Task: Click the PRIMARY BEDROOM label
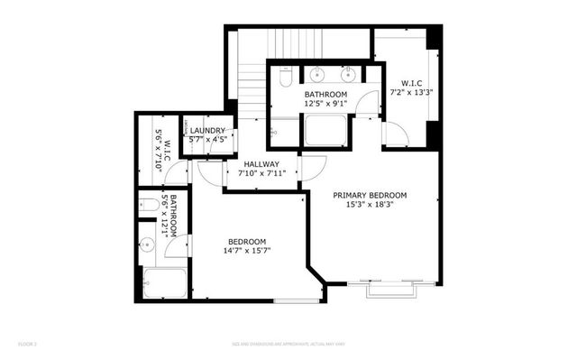(370, 195)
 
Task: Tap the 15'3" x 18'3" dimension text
(370, 205)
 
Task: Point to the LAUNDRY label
(208, 131)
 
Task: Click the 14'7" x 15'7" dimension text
(247, 251)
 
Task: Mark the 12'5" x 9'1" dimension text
(325, 104)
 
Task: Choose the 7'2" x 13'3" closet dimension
(412, 91)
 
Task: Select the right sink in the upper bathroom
(349, 72)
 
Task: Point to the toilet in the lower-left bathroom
(145, 206)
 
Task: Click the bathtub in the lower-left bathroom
(163, 284)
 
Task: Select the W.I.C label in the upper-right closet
(412, 81)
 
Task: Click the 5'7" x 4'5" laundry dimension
(208, 140)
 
